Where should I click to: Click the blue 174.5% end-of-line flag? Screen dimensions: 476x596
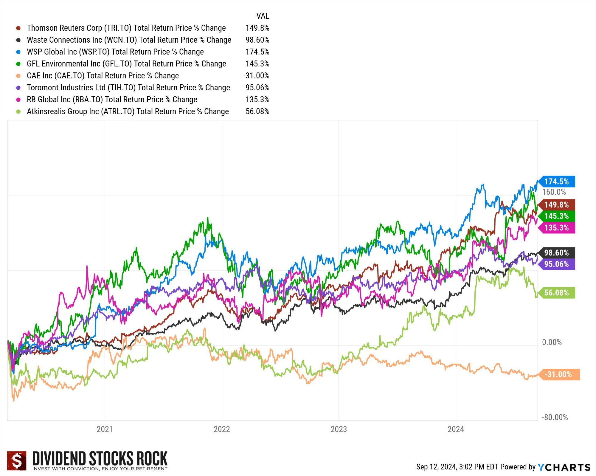click(556, 182)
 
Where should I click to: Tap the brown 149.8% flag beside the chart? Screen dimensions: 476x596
click(556, 205)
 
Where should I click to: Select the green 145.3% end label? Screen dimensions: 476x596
click(556, 216)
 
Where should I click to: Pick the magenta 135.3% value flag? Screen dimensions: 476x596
click(556, 228)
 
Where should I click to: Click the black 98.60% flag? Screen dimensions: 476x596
click(556, 253)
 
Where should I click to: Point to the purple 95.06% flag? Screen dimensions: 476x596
click(556, 264)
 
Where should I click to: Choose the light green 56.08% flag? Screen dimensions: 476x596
click(556, 293)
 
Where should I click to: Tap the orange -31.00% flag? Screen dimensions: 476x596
click(558, 374)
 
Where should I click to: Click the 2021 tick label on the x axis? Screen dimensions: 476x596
click(105, 429)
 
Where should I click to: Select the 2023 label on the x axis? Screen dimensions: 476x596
click(339, 429)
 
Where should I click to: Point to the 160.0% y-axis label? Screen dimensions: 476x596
click(554, 192)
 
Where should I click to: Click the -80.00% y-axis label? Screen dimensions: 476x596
click(555, 417)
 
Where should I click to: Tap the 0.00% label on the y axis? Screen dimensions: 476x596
click(552, 342)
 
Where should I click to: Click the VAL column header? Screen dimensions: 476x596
click(263, 16)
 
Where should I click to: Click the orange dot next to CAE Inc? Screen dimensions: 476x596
click(18, 76)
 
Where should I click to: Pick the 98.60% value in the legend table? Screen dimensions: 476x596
click(257, 40)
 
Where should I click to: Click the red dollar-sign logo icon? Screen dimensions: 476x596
click(17, 461)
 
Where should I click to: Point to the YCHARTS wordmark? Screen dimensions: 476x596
click(564, 467)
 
